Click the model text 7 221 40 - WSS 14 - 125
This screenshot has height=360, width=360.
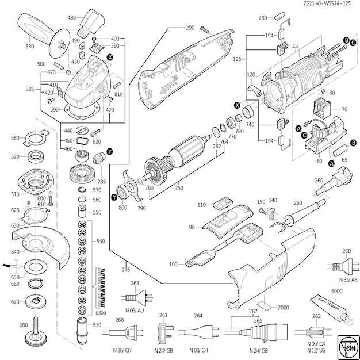point(325,4)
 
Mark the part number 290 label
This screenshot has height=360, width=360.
point(190,28)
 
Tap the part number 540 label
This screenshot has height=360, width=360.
point(101,242)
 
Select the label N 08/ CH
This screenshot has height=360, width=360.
point(200,350)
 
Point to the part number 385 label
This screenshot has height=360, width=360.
point(30,89)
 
